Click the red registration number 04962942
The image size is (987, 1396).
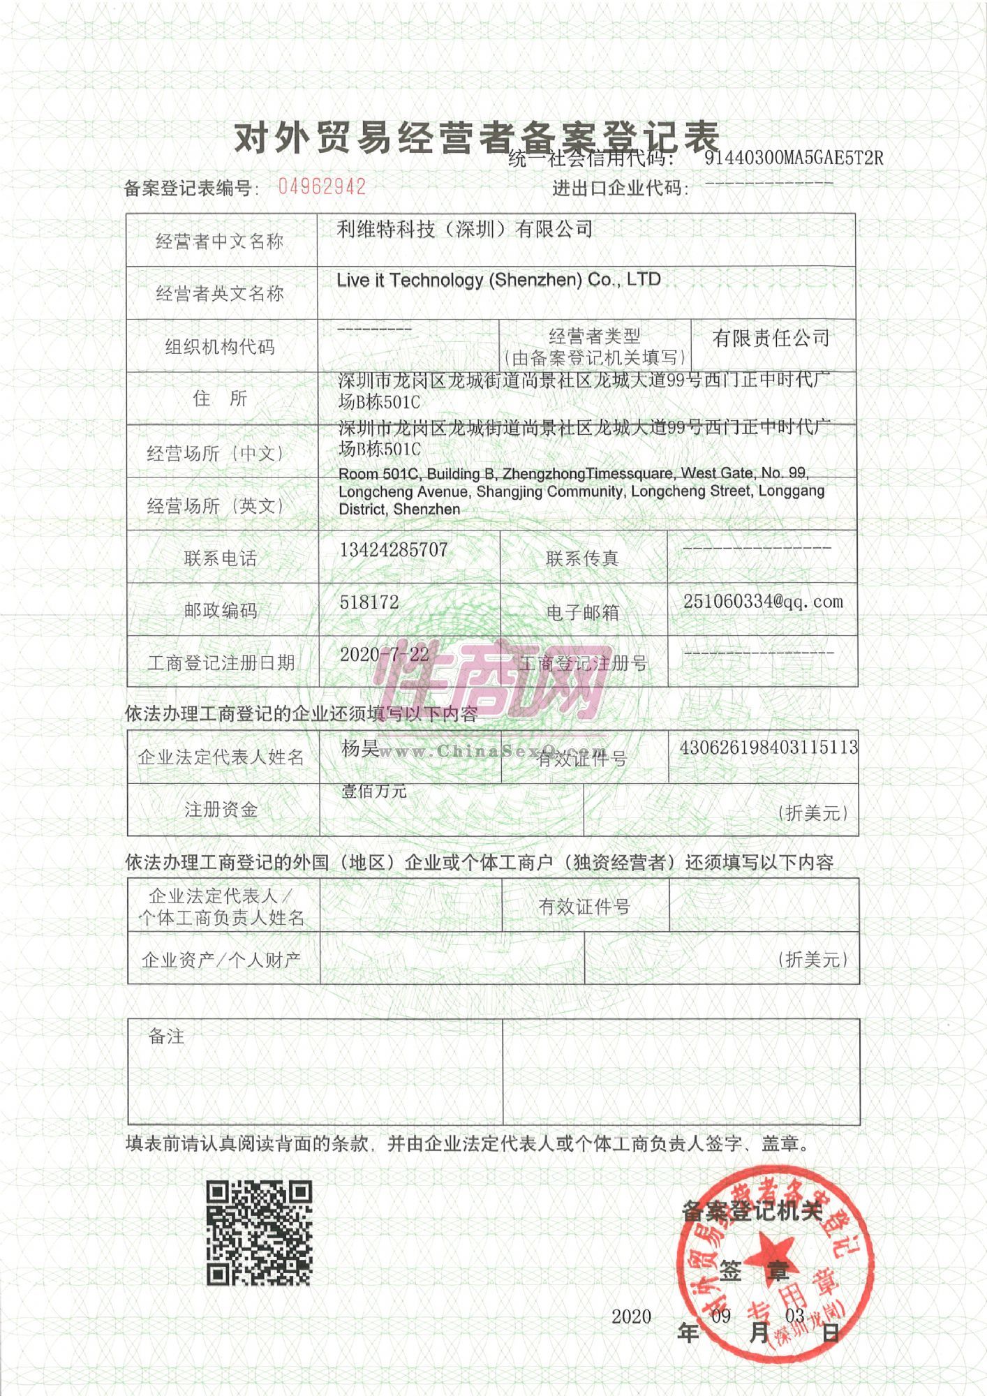tap(322, 186)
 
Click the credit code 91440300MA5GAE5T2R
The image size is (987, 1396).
tap(794, 158)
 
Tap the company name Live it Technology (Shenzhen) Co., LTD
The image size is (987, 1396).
tap(498, 281)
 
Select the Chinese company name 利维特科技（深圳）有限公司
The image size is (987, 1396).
tap(465, 229)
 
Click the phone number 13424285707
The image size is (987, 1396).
tap(394, 550)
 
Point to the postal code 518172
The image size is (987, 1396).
tap(369, 602)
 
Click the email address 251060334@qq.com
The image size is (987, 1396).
tap(763, 602)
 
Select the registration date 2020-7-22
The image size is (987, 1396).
tap(385, 655)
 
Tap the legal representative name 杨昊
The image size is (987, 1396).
tap(360, 749)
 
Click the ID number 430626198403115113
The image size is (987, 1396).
tap(769, 748)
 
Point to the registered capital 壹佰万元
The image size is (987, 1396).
tap(374, 792)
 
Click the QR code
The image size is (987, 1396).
tap(259, 1233)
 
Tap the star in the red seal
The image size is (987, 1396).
tap(773, 1251)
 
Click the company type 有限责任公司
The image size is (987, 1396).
tap(771, 339)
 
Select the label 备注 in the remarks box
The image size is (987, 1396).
tap(167, 1037)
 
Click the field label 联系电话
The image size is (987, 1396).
tap(221, 558)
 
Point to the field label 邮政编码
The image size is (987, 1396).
tap(221, 611)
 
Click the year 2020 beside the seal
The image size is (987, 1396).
tap(631, 1317)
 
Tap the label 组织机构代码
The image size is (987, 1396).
tap(220, 347)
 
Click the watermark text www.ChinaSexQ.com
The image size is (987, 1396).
tap(482, 752)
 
